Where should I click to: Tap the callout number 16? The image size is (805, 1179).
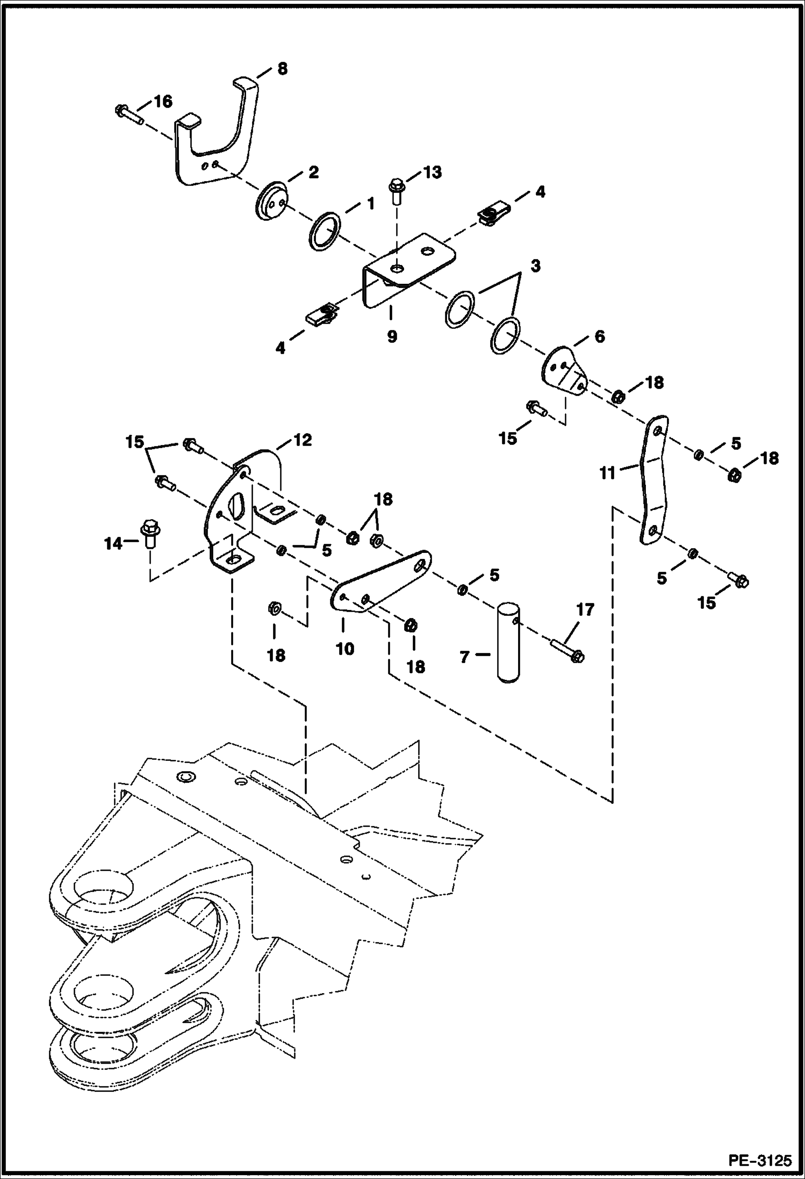(x=163, y=101)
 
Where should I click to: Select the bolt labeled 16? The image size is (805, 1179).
(x=128, y=114)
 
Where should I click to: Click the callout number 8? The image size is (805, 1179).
(x=282, y=69)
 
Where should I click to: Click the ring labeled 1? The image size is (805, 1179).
(x=324, y=231)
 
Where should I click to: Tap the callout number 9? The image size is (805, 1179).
(x=392, y=337)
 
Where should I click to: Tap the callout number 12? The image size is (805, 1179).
(x=303, y=440)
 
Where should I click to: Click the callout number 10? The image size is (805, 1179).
(x=344, y=649)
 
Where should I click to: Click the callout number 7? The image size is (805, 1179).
(x=465, y=656)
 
